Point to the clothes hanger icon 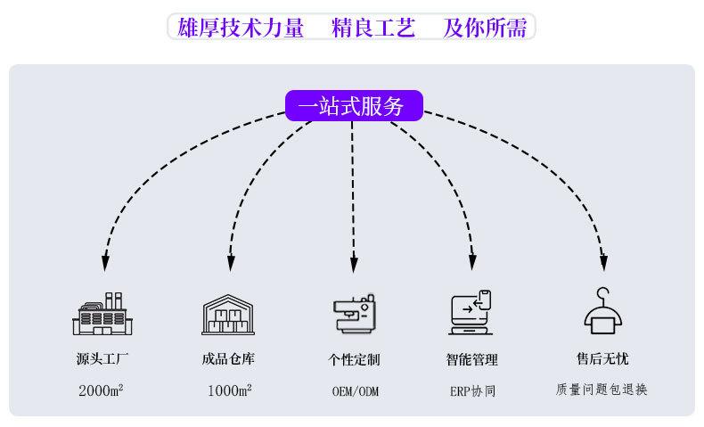(602, 309)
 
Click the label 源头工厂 (102, 359)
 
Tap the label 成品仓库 (229, 359)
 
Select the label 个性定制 (354, 360)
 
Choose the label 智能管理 (471, 360)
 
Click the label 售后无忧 (602, 359)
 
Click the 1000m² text (229, 390)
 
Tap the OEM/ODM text (355, 391)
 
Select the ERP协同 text (471, 391)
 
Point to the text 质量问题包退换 (602, 390)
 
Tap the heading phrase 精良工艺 (373, 29)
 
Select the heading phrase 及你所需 (485, 29)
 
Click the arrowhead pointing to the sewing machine (354, 265)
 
